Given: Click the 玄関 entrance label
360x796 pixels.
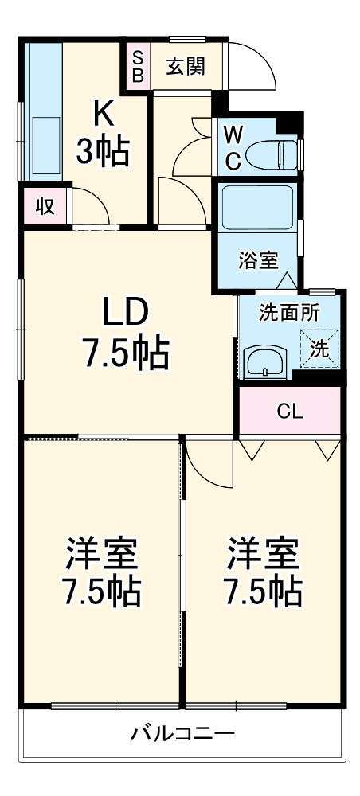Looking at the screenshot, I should pyautogui.click(x=185, y=67).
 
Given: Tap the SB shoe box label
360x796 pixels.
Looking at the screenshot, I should pyautogui.click(x=137, y=66).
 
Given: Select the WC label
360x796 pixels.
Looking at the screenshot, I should pyautogui.click(x=232, y=147).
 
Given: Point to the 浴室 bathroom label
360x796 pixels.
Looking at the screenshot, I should pyautogui.click(x=258, y=259).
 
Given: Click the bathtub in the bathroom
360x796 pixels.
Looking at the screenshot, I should pyautogui.click(x=256, y=209).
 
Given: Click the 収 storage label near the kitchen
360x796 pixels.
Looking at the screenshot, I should pyautogui.click(x=44, y=207).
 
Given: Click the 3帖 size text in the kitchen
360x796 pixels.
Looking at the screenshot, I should pyautogui.click(x=103, y=152).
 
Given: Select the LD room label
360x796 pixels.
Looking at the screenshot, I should pyautogui.click(x=126, y=313).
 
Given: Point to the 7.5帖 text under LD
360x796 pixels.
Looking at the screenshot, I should pyautogui.click(x=126, y=353).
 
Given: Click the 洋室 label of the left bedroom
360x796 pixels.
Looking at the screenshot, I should pyautogui.click(x=101, y=552).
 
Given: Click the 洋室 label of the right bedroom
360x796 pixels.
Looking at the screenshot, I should pyautogui.click(x=263, y=552).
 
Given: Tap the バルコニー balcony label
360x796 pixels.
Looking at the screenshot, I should pyautogui.click(x=182, y=733).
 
